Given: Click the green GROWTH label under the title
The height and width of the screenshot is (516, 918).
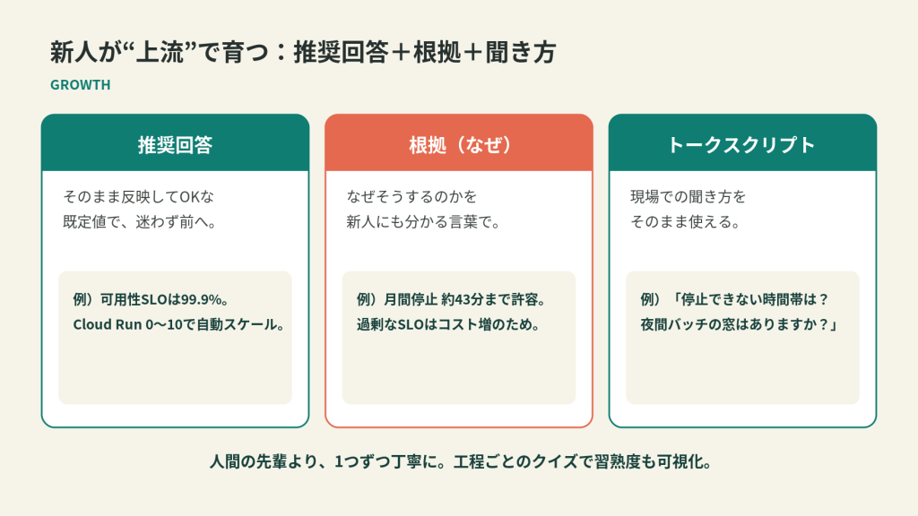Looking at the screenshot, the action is [x=80, y=85].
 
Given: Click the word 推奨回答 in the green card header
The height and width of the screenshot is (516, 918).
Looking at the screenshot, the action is [x=175, y=144].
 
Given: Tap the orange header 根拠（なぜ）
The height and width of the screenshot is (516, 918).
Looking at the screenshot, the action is [x=459, y=144].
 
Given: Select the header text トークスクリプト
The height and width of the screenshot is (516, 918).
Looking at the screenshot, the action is [x=741, y=144].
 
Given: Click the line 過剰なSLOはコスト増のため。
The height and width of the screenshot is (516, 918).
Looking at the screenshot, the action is [x=448, y=324].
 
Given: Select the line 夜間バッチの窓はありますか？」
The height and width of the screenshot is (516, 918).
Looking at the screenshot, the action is [x=740, y=324].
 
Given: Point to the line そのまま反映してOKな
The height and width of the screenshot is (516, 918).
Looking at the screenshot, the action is [x=139, y=196].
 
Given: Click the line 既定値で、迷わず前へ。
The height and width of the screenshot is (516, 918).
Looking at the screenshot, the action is [x=140, y=222].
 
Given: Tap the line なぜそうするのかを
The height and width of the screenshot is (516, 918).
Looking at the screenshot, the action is [x=411, y=196].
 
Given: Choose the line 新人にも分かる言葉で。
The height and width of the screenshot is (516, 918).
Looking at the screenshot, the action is [x=423, y=222].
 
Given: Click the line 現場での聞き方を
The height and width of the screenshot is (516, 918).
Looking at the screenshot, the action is [x=688, y=196].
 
